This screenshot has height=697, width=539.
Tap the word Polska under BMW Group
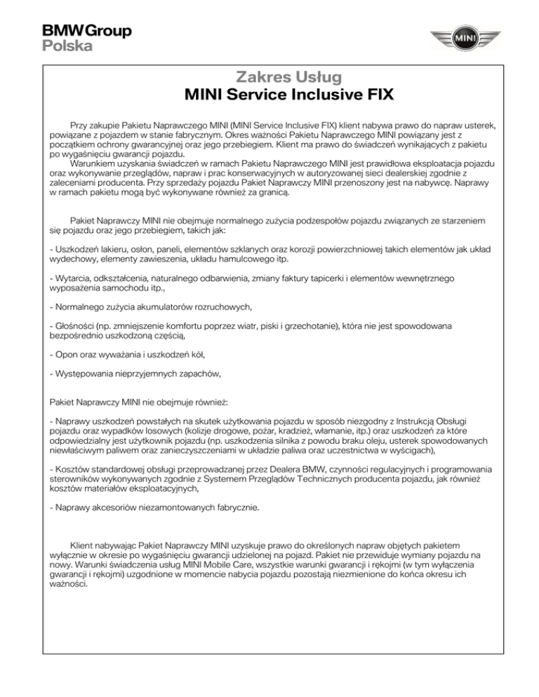click(x=66, y=46)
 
